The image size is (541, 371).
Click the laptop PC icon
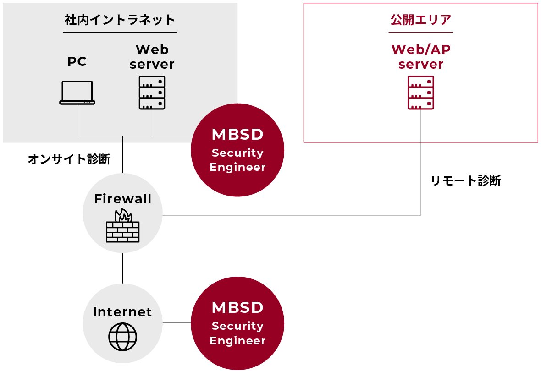pos(77,93)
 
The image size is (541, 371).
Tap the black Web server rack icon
pos(152,93)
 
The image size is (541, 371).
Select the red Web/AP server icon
pos(420,93)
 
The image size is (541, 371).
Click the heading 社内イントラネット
pos(120,20)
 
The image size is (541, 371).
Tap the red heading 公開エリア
pos(420,20)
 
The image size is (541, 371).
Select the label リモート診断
pos(465,181)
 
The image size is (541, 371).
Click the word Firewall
pos(122,199)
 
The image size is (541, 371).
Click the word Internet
pos(122,312)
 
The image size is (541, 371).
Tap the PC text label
pos(77,61)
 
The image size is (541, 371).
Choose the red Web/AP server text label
pos(420,57)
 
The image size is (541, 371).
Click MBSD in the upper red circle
pos(237,135)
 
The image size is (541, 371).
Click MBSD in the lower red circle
pos(237,307)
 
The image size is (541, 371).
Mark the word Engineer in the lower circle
pos(237,341)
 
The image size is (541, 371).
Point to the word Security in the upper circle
pos(237,153)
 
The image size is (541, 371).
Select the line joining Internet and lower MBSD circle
pos(177,323)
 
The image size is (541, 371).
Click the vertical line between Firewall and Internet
pos(122,268)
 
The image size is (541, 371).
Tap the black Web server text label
pos(152,57)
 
